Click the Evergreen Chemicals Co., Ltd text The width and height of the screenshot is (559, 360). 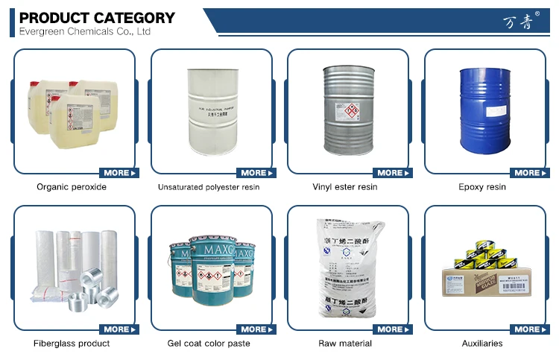84,31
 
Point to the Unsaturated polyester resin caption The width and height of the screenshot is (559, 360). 209,187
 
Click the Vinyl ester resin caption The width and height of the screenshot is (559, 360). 344,187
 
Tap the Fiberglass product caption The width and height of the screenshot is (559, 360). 72,344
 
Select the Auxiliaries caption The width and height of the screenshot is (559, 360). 482,344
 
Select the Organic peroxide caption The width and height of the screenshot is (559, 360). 72,187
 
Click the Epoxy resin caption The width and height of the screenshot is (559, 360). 482,187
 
